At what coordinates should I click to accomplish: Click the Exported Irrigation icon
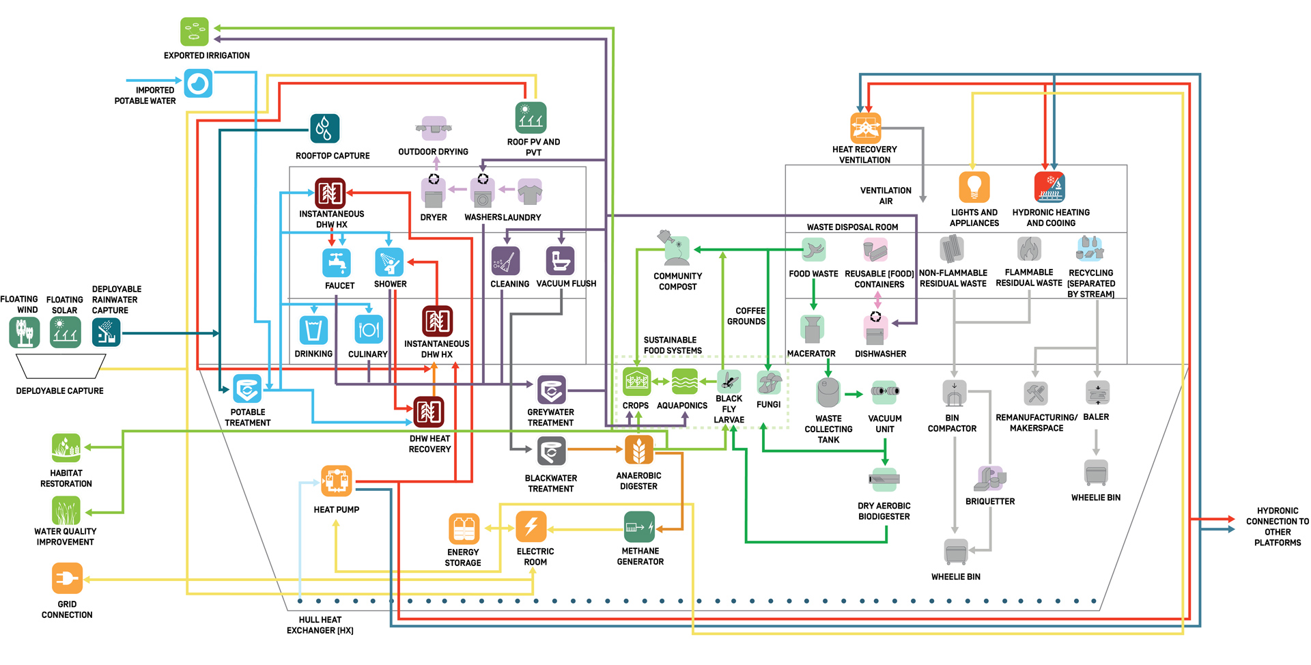[x=194, y=32]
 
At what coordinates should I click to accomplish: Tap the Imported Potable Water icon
[x=198, y=84]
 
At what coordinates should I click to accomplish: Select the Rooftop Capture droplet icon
[x=324, y=128]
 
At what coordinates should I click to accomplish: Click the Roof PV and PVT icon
[x=531, y=117]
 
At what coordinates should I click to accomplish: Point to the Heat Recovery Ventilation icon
[x=865, y=128]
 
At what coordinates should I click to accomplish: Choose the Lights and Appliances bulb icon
[x=974, y=186]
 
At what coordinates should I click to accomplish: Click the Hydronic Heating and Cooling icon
[x=1049, y=186]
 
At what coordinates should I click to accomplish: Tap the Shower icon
[x=389, y=262]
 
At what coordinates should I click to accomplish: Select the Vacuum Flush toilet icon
[x=560, y=261]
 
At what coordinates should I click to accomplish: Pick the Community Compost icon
[x=676, y=249]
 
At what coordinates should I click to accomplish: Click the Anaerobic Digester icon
[x=638, y=450]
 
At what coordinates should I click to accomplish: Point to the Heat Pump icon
[x=337, y=481]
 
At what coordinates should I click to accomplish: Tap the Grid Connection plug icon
[x=67, y=578]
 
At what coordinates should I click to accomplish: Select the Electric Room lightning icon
[x=531, y=526]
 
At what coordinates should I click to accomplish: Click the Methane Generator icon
[x=639, y=527]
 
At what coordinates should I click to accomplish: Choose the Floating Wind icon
[x=25, y=332]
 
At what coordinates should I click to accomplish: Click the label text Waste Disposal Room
[x=852, y=227]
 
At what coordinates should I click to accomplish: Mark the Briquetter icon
[x=990, y=479]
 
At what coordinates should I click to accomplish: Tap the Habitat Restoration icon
[x=66, y=448]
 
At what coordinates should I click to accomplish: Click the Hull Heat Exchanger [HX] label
[x=320, y=625]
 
